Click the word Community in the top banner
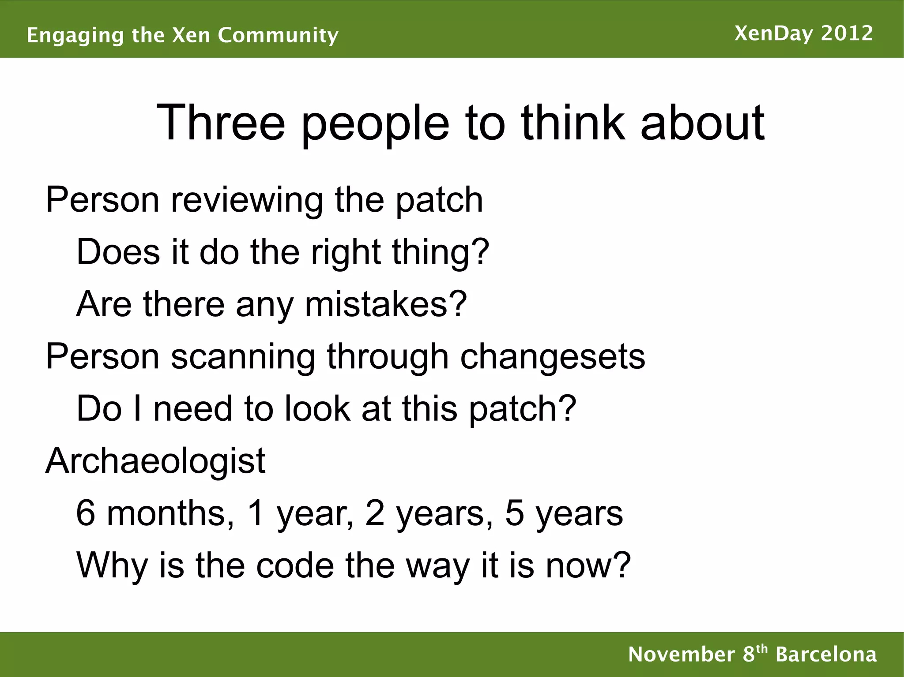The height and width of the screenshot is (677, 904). pyautogui.click(x=278, y=35)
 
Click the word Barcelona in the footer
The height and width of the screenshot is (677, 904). pyautogui.click(x=826, y=654)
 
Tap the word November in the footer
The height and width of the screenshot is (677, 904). pyautogui.click(x=682, y=654)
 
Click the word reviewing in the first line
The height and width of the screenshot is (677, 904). pyautogui.click(x=247, y=201)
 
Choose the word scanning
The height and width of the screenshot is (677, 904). pyautogui.click(x=243, y=356)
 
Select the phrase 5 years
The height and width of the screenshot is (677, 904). pyautogui.click(x=564, y=514)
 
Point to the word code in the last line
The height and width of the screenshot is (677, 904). pyautogui.click(x=295, y=565)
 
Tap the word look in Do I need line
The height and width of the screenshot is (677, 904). pyautogui.click(x=316, y=409)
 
